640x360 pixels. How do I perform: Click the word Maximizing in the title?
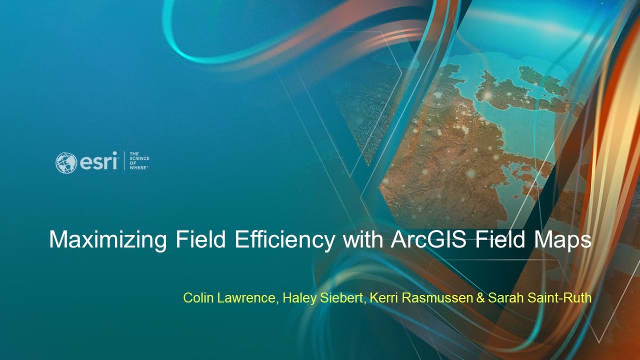(108, 240)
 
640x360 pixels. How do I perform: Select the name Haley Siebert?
(323, 298)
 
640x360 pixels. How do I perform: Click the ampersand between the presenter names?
(480, 298)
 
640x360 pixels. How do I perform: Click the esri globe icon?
(66, 163)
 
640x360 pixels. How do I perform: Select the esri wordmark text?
(98, 162)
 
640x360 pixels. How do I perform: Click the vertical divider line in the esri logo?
(123, 161)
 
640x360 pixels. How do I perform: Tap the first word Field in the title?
(201, 240)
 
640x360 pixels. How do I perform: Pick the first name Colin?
(197, 298)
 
